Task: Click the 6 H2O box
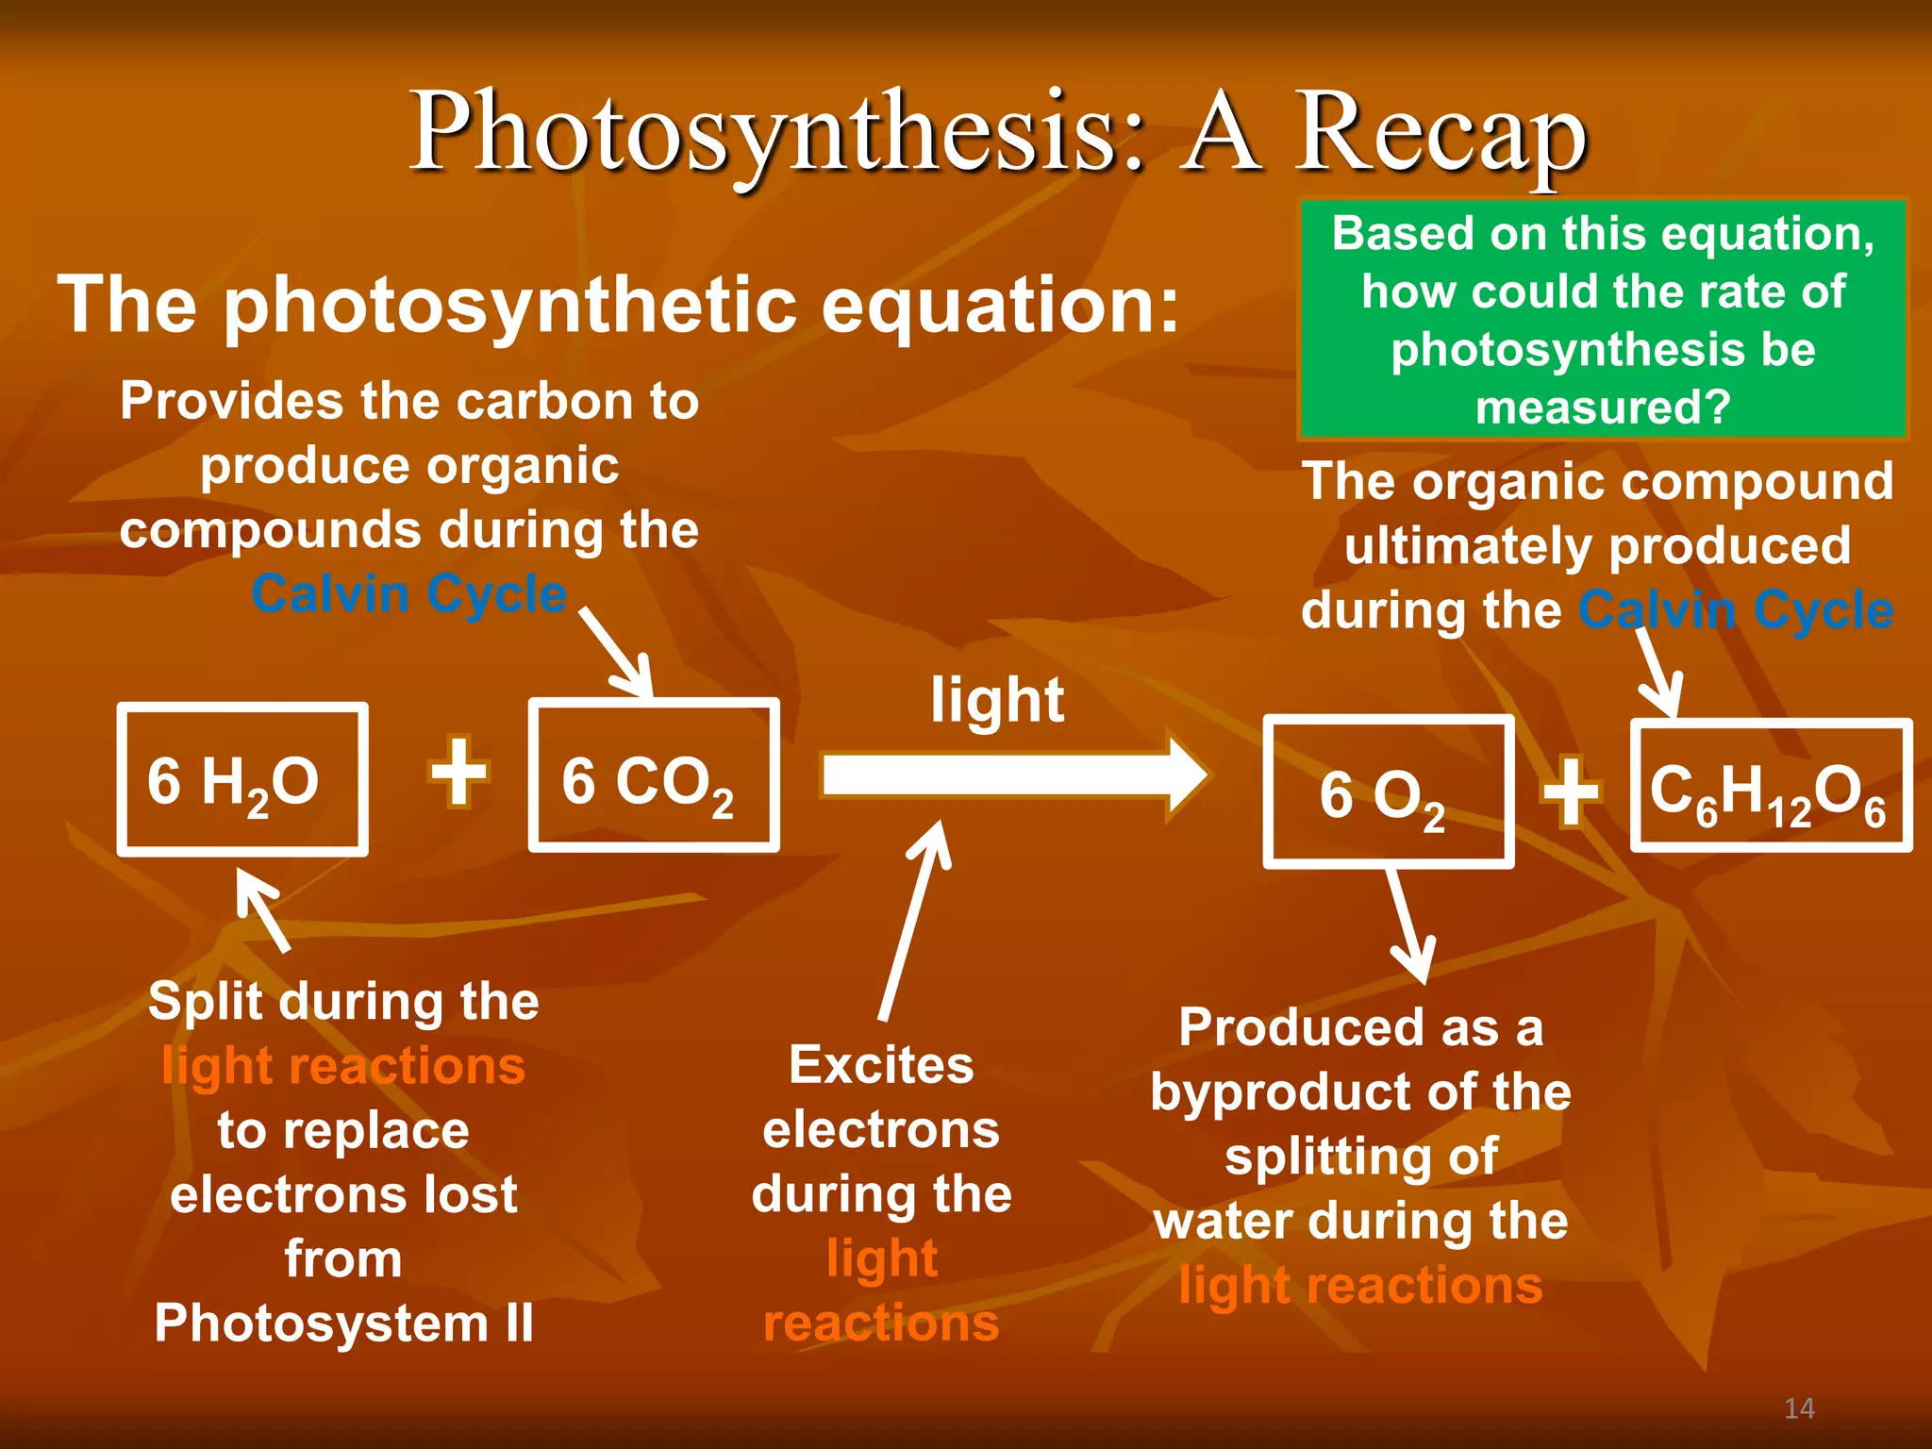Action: (x=241, y=779)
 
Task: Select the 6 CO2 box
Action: (x=653, y=775)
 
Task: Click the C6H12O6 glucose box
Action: (x=1771, y=787)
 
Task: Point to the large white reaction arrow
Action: (x=1009, y=775)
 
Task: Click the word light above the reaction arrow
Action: (x=997, y=701)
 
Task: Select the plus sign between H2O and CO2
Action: (x=459, y=773)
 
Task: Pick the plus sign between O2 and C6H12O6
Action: (x=1571, y=792)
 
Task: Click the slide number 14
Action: (x=1799, y=1408)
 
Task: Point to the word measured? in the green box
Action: (x=1603, y=408)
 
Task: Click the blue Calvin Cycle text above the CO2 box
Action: (x=409, y=594)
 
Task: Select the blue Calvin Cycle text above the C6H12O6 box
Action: (x=1736, y=610)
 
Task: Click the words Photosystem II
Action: (x=343, y=1323)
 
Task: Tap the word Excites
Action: (x=881, y=1065)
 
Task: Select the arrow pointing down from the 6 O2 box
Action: (x=1408, y=924)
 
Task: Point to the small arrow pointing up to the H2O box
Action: (x=264, y=909)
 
